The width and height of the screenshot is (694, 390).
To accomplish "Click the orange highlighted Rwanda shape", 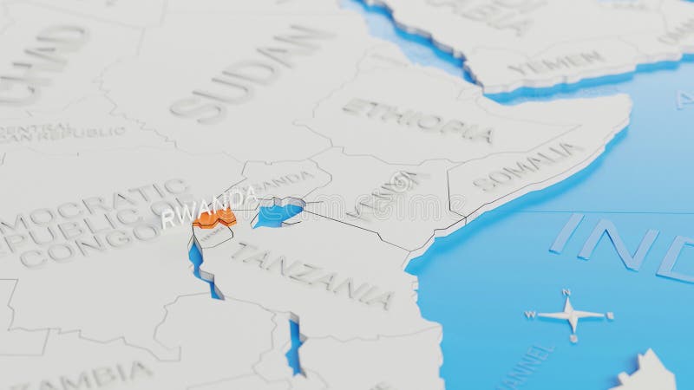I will coord(214,218).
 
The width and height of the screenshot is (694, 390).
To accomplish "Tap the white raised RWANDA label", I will coord(208,205).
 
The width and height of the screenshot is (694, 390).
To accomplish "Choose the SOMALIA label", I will coord(529,166).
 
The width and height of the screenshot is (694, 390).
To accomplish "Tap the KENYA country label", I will coord(381,195).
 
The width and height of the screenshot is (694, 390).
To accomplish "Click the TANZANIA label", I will coord(312,274).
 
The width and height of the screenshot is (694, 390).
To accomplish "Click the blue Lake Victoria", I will coord(278,213).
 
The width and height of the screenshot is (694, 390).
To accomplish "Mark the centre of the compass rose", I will coord(571,314).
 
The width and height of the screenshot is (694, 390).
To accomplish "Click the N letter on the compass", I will coord(566,292).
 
